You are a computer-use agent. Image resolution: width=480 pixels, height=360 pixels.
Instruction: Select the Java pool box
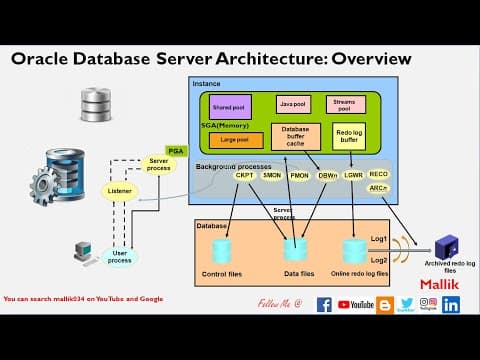tap(291, 104)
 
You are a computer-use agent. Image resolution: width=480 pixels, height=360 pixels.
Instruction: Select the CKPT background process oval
tap(244, 175)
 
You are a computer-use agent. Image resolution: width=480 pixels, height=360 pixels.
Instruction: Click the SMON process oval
tap(271, 175)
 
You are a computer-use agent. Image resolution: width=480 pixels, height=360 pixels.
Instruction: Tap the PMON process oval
tap(299, 175)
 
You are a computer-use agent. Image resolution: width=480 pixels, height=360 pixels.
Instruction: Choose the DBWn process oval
tap(326, 175)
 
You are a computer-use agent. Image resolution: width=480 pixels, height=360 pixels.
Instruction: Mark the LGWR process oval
tap(353, 175)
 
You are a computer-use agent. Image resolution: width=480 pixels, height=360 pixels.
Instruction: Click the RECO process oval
tap(379, 174)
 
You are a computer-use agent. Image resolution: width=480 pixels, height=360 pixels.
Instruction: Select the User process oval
tap(120, 256)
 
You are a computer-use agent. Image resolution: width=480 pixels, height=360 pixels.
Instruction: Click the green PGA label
tap(176, 151)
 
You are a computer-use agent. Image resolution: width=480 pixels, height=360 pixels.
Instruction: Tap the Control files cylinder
tap(220, 251)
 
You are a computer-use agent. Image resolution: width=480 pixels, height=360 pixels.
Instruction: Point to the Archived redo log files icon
tap(446, 246)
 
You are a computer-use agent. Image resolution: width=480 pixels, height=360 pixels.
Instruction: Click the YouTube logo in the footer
tap(355, 304)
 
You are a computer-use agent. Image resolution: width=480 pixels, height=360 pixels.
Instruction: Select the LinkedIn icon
tap(451, 304)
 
